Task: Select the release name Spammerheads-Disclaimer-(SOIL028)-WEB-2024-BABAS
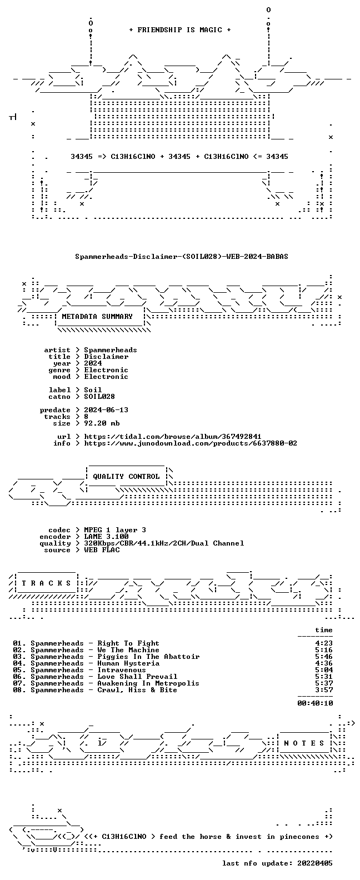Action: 182,257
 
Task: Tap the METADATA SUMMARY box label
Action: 97,316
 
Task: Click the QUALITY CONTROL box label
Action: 126,477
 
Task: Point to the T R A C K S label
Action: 46,583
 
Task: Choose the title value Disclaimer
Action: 106,357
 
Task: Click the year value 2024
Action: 93,363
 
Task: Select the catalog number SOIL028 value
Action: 99,397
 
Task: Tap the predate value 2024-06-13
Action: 106,410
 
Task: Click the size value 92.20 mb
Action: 102,423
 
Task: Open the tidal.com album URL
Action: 173,437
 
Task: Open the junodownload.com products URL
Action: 191,443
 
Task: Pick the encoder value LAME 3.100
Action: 106,537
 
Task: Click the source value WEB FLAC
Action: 102,550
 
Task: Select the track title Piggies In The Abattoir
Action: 148,657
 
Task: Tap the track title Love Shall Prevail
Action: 137,677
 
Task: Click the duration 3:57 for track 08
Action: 324,690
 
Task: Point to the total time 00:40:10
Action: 315,703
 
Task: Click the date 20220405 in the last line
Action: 315,863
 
